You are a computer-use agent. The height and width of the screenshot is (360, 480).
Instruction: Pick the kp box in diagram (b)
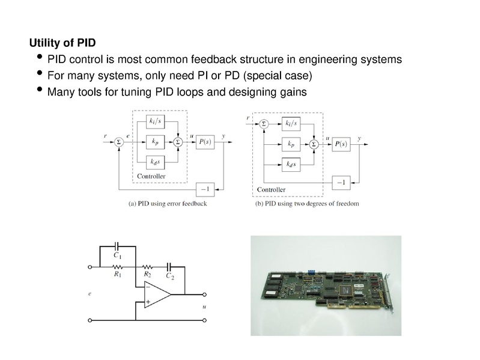pos(291,144)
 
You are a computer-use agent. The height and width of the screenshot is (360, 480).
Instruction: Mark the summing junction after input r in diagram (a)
pos(118,142)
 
